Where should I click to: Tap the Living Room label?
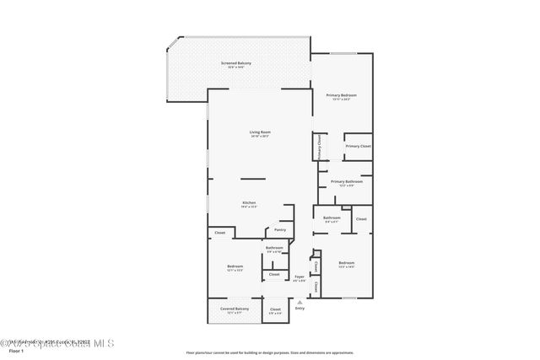pos(260,132)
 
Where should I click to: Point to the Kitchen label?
pos(249,203)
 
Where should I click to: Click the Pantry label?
pos(279,229)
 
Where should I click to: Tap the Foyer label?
pos(300,277)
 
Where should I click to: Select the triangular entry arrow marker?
pos(299,301)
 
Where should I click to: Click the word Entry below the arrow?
pos(300,309)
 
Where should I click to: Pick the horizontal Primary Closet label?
pos(358,147)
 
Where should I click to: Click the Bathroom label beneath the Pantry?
pos(274,248)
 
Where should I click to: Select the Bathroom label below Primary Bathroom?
pos(332,218)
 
